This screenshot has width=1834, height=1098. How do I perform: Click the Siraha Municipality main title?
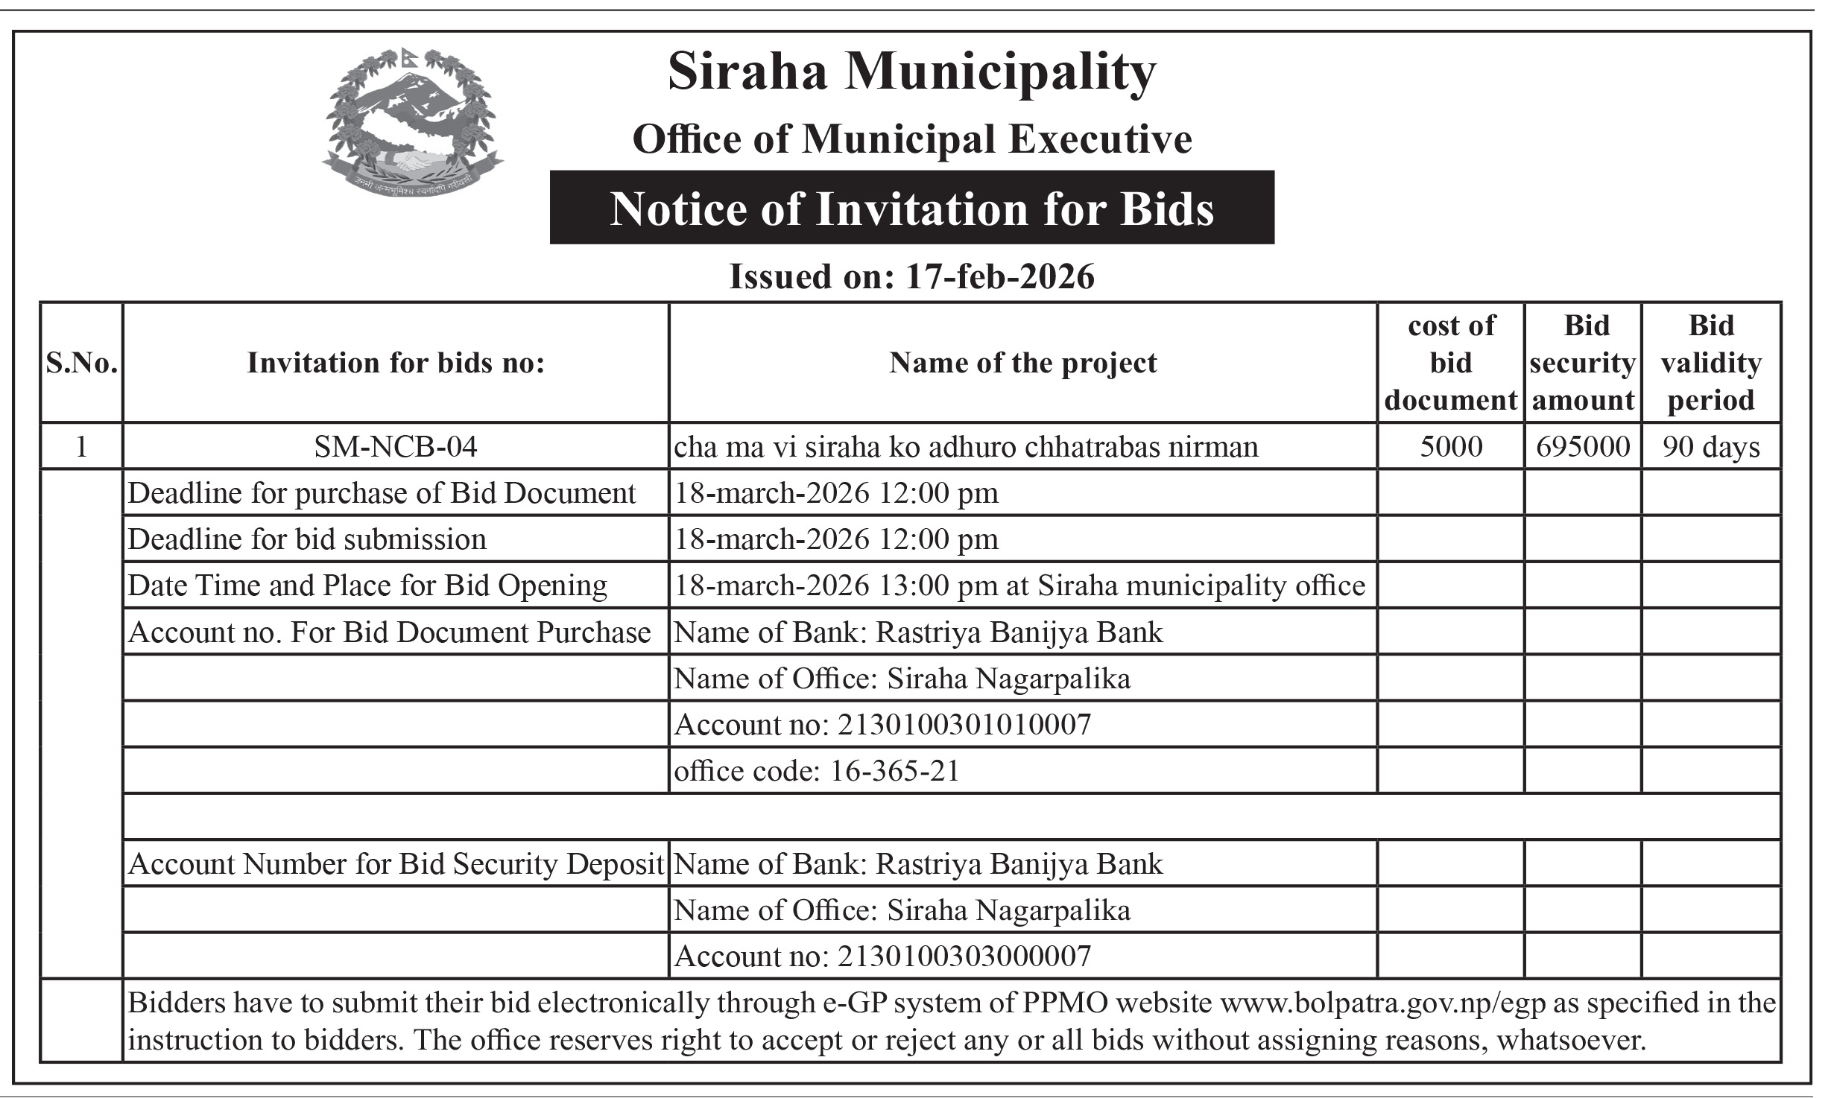point(911,73)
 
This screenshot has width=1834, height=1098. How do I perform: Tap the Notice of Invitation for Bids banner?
point(911,208)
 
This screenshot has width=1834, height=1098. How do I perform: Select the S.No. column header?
point(82,364)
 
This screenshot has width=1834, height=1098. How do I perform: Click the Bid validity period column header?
point(1711,363)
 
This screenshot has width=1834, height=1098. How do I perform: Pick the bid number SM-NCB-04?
point(395,447)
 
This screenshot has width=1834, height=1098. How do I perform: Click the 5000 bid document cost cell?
point(1451,447)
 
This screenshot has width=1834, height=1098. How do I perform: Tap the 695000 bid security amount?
point(1583,447)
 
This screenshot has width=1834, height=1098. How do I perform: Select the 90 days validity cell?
point(1711,447)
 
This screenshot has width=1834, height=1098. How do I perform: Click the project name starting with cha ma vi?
point(966,447)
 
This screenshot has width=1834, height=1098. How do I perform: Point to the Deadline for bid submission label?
point(307,539)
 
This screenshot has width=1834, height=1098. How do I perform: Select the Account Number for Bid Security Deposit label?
point(396,864)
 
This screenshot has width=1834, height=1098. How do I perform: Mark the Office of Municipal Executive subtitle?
point(911,140)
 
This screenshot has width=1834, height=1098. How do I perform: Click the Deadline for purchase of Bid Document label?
point(382,493)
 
